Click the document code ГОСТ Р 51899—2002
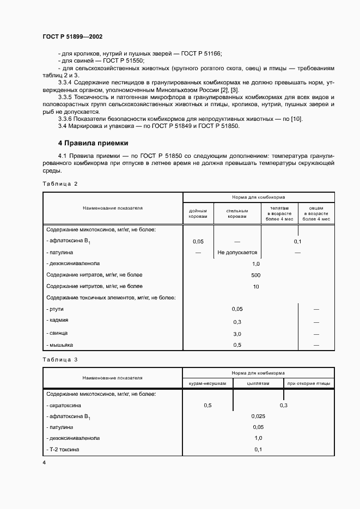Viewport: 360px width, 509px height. click(x=72, y=37)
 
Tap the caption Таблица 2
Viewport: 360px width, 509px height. click(x=60, y=184)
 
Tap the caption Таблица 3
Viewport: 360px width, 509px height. click(x=60, y=359)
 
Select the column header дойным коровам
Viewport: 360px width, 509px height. click(x=198, y=213)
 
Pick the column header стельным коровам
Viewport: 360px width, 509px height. click(x=237, y=213)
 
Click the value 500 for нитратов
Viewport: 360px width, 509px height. click(x=256, y=275)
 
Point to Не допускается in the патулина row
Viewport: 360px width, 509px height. click(x=237, y=253)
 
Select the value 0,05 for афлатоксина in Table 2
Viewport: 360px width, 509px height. click(x=198, y=241)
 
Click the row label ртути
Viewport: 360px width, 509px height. click(x=56, y=309)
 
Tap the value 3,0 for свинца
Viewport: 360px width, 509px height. click(x=237, y=334)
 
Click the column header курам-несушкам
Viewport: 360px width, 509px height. click(x=208, y=384)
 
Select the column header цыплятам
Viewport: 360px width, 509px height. click(x=258, y=384)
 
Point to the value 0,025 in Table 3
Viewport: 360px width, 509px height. click(x=258, y=416)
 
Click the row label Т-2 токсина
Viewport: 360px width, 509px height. click(x=63, y=450)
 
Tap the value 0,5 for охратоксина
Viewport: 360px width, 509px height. click(x=208, y=406)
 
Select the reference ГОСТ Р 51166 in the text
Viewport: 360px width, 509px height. click(x=202, y=53)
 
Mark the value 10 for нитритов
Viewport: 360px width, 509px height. click(x=256, y=286)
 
